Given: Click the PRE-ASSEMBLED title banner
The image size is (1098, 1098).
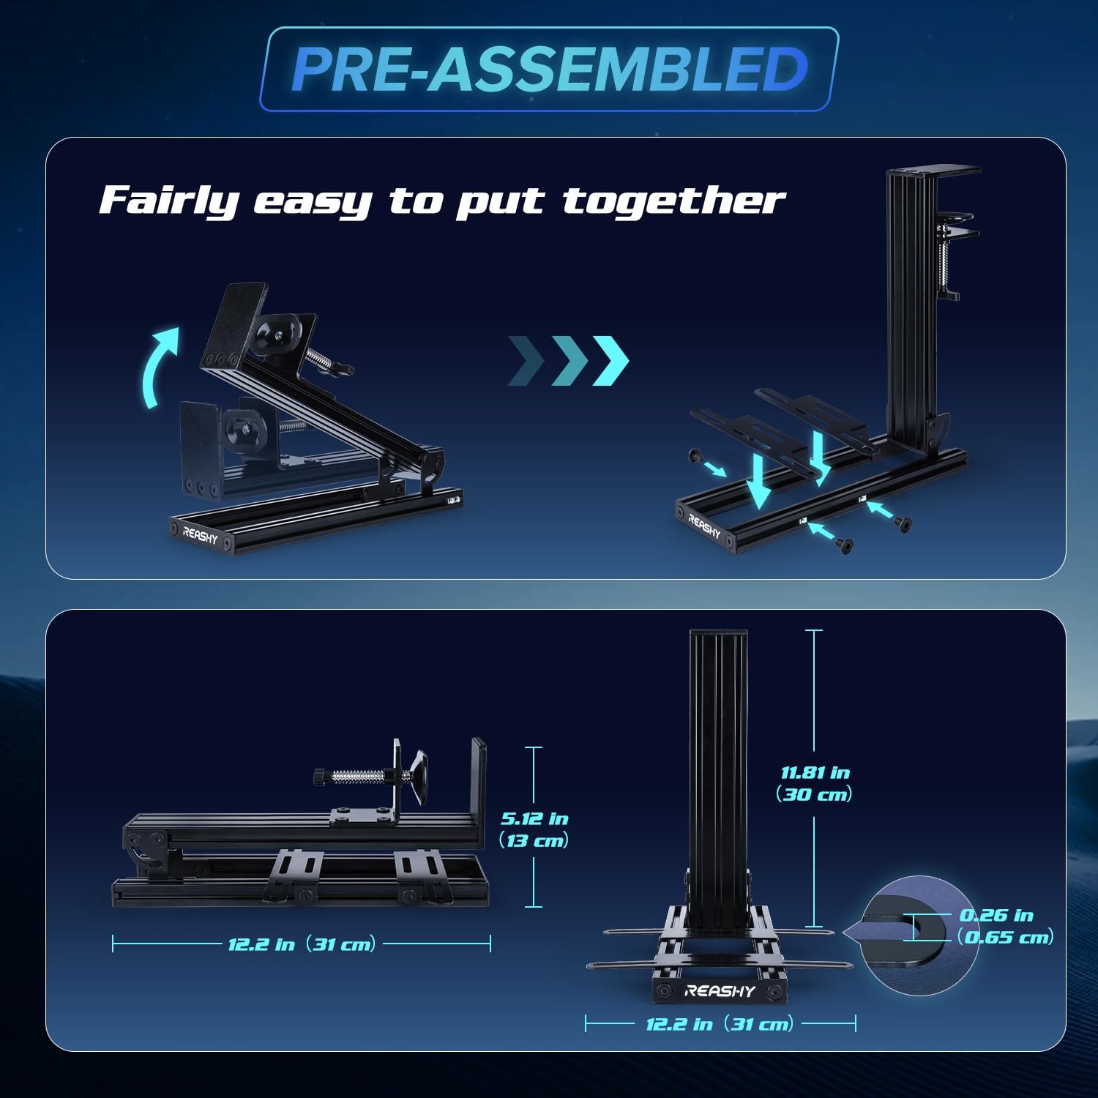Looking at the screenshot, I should point(549,70).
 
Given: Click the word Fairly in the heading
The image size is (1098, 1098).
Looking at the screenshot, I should point(169,200).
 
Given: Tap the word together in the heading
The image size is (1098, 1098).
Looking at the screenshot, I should point(673,200).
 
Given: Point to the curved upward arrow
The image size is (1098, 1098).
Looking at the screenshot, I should point(159,366).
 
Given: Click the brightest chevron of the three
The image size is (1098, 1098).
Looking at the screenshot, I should point(610,360).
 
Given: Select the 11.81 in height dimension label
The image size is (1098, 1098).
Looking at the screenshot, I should point(815,772).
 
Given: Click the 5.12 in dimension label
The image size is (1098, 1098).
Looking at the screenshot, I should point(534,818).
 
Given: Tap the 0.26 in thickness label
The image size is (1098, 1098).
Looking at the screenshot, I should point(996,915).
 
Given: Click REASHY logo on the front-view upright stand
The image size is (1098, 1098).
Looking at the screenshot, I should point(719,991).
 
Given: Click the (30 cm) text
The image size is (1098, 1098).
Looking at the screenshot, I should point(814,794).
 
